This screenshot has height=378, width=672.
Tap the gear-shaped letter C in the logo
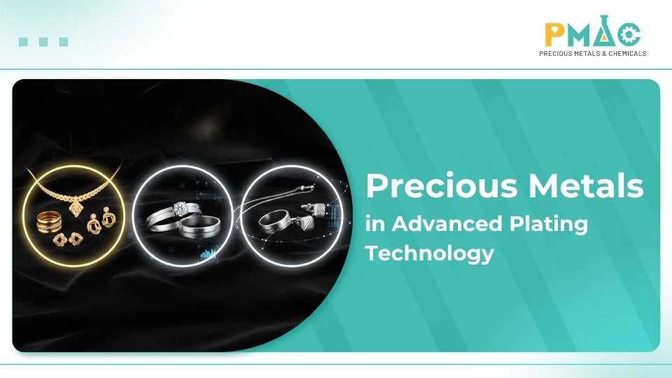tap(629, 34)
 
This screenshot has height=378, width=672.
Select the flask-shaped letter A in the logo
tap(605, 31)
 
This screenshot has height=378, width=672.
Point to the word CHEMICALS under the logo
tap(627, 54)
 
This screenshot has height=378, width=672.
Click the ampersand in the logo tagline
tap(604, 54)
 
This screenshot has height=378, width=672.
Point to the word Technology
tap(430, 253)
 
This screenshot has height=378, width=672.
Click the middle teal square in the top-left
tap(43, 41)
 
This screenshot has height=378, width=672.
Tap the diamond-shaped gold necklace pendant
tap(76, 209)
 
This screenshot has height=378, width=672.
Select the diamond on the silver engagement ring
tap(180, 209)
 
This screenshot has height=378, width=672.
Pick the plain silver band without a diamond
tap(199, 227)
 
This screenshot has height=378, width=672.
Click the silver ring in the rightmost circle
tap(274, 222)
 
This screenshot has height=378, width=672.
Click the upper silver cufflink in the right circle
tap(316, 209)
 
